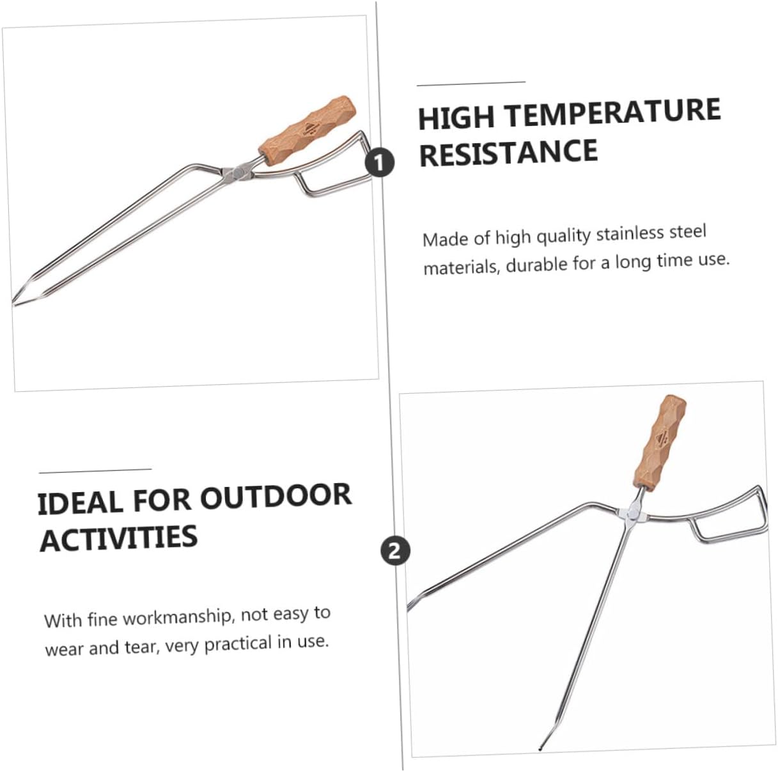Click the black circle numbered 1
(380, 163)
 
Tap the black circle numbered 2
(394, 550)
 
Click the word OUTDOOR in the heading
(276, 497)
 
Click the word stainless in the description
(630, 233)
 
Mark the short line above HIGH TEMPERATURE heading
(471, 83)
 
